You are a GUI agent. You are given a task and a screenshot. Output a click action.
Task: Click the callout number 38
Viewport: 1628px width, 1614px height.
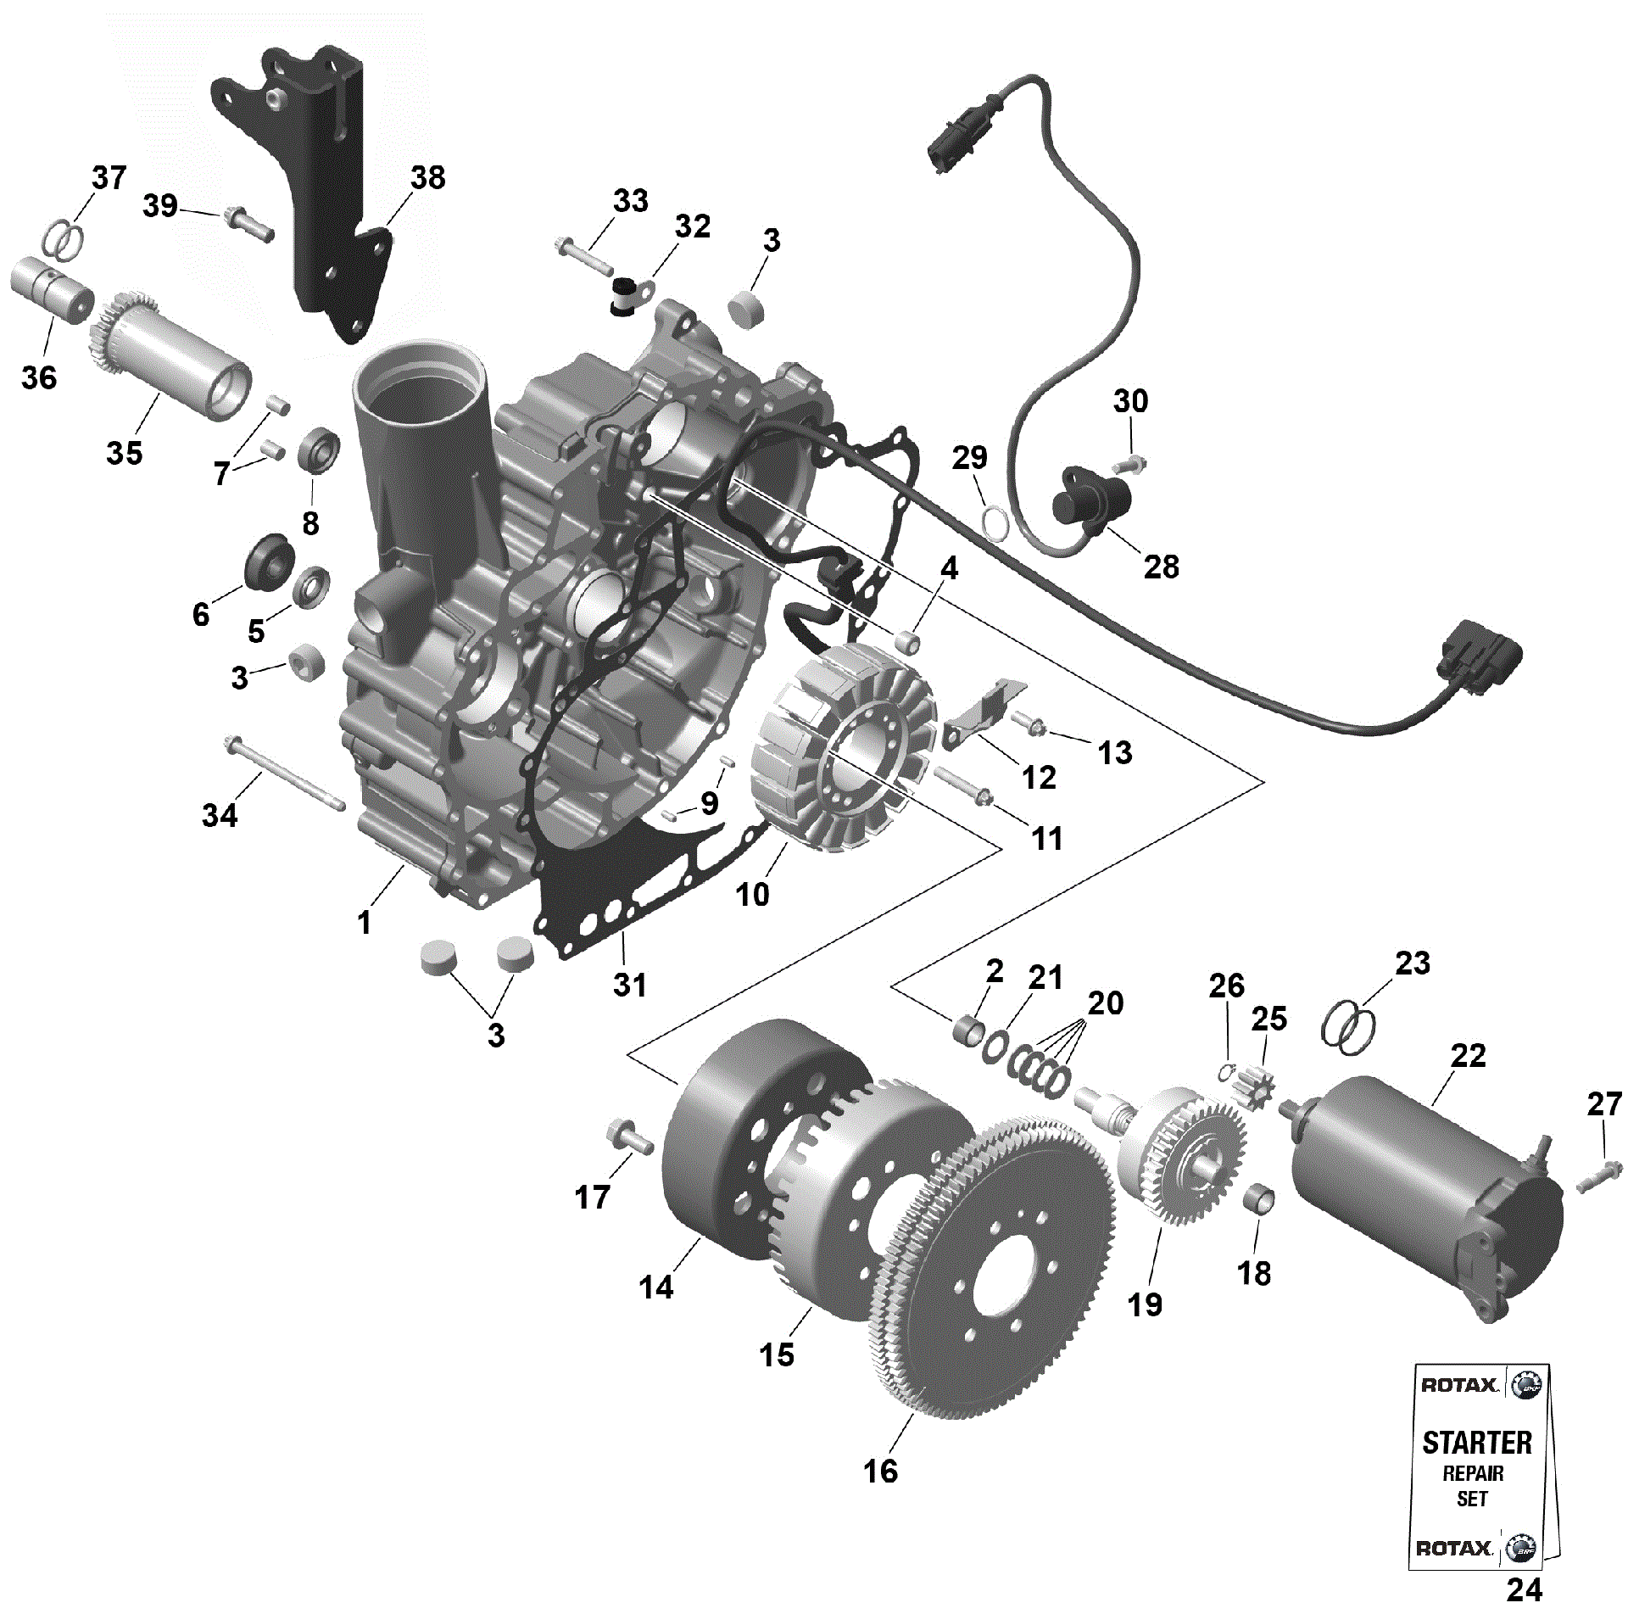coord(427,178)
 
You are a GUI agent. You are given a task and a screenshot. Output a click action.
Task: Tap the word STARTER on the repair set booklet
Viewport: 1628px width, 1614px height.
coord(1476,1442)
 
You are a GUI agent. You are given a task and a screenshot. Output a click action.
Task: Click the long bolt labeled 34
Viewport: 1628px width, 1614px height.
coord(284,774)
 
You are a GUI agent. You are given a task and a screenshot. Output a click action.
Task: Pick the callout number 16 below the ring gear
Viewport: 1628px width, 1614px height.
coord(880,1471)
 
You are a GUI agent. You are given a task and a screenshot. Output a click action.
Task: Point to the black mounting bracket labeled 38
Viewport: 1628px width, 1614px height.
coord(331,187)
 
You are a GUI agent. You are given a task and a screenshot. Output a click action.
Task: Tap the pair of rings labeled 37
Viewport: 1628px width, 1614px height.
coord(64,240)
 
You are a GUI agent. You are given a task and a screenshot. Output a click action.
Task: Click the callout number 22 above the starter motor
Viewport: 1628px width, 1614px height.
coord(1468,1056)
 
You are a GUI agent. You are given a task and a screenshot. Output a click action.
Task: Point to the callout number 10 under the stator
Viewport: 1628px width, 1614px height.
coord(752,894)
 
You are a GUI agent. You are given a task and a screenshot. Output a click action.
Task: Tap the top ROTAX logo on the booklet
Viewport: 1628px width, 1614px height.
coord(1458,1385)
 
